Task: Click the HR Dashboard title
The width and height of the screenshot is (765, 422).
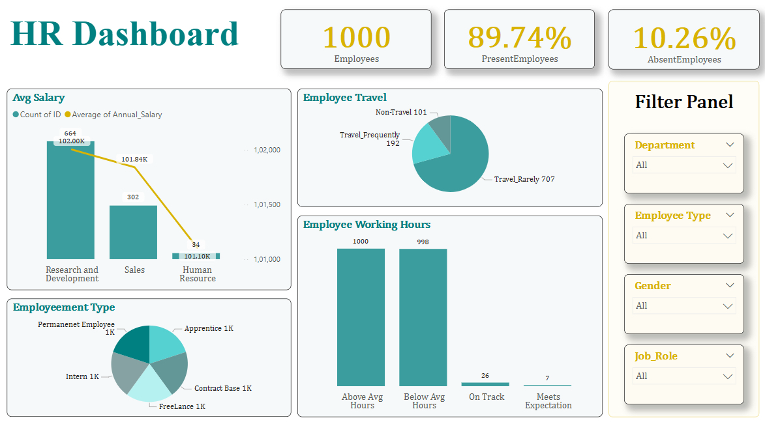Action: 125,34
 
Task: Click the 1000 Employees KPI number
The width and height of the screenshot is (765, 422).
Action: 356,37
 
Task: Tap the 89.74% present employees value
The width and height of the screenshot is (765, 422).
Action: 519,37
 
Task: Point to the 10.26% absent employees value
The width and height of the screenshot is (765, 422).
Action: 683,38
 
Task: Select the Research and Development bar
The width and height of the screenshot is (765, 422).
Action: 70,202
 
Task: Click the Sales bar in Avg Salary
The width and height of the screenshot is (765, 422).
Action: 133,232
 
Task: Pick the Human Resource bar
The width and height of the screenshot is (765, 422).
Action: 196,256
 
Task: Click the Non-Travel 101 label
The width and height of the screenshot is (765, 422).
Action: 401,112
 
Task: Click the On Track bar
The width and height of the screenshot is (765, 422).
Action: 485,384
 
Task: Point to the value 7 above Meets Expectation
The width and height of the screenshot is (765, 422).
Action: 547,378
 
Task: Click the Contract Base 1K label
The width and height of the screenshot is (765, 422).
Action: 222,388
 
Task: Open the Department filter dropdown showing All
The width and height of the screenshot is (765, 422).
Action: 684,165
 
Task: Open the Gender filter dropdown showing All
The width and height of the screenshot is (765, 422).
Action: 684,306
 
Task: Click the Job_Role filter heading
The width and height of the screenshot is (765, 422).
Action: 656,356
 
